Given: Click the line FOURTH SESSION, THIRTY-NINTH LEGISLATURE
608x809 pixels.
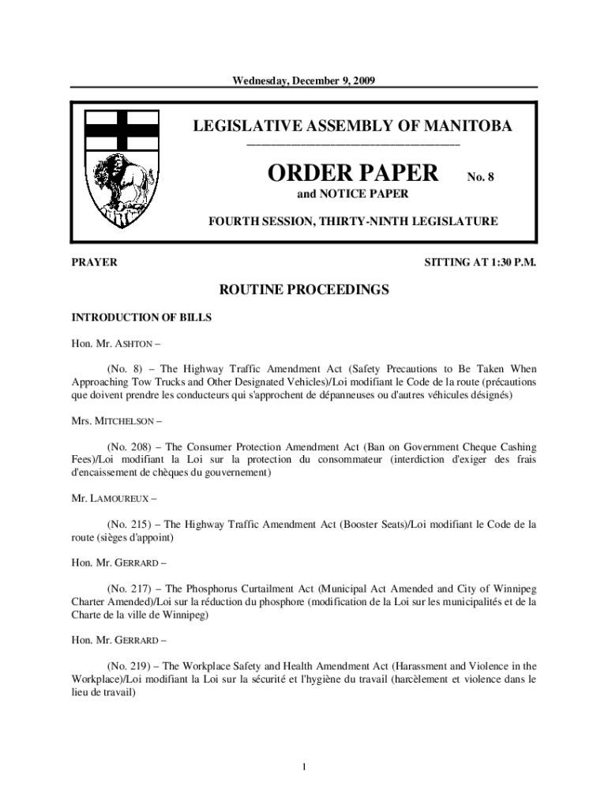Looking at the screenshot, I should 353,221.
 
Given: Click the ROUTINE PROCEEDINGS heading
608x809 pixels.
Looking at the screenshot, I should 304,291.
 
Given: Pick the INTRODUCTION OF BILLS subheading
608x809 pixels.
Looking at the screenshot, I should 141,318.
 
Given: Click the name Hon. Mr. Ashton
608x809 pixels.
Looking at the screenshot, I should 118,344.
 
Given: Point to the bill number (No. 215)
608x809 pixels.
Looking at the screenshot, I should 130,524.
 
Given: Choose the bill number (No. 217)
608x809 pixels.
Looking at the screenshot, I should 130,589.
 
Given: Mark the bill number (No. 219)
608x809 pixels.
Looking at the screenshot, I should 130,665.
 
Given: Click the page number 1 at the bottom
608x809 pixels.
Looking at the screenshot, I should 304,766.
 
